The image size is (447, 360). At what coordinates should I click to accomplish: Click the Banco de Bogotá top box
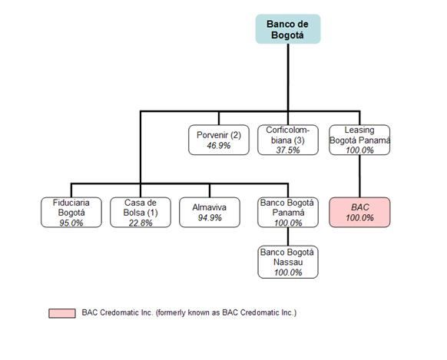(x=288, y=29)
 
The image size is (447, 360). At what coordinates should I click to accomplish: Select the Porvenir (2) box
(x=219, y=140)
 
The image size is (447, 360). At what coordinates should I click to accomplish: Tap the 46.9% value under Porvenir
(x=219, y=146)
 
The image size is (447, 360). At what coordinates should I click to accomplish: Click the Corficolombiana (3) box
(x=288, y=140)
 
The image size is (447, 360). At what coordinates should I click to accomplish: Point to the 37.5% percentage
(x=288, y=150)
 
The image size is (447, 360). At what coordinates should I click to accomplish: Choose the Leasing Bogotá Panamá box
(x=359, y=140)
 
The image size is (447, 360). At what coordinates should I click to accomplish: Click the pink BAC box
(x=359, y=213)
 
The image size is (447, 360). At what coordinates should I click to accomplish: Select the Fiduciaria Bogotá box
(x=71, y=213)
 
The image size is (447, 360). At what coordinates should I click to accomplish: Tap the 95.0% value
(x=71, y=223)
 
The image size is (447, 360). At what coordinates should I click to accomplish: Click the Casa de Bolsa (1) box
(x=141, y=213)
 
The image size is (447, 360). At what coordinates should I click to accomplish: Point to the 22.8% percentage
(x=141, y=223)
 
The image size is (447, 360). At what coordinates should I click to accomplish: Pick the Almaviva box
(x=210, y=213)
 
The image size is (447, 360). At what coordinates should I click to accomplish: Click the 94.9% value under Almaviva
(x=210, y=218)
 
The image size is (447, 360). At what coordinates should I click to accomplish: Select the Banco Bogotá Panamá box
(x=288, y=213)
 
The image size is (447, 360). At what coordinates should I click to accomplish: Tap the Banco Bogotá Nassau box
(x=288, y=262)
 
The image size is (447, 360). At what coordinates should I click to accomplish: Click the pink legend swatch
(x=62, y=313)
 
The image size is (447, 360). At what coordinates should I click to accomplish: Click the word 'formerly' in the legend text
(x=170, y=312)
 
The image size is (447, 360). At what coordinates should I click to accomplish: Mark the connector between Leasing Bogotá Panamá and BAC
(x=359, y=177)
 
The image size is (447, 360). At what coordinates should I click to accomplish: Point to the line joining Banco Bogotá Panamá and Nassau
(x=288, y=236)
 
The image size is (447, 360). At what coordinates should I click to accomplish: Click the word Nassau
(x=288, y=262)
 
